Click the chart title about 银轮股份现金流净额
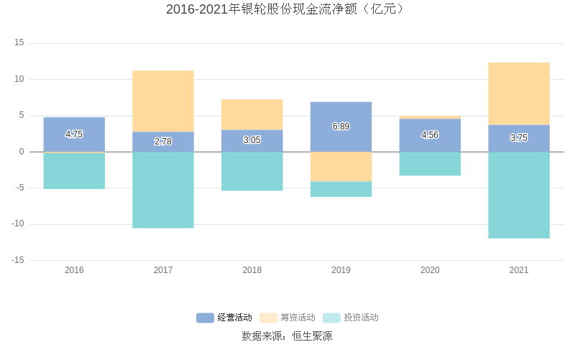tap(287, 9)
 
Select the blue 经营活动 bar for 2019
tap(341, 119)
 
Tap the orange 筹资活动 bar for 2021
tap(519, 93)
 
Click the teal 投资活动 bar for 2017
tap(163, 190)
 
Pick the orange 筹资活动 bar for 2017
tap(163, 101)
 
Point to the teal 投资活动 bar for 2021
tap(519, 195)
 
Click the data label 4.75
tap(74, 134)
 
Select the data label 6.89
tap(341, 126)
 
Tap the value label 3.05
tap(252, 140)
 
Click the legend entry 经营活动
tap(224, 318)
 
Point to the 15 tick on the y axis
tap(19, 43)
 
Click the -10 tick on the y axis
tap(17, 223)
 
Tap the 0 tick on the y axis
tap(22, 152)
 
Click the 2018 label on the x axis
tap(252, 270)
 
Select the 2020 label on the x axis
tap(430, 270)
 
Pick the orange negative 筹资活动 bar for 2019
tap(341, 167)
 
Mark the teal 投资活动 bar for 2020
tap(430, 164)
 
